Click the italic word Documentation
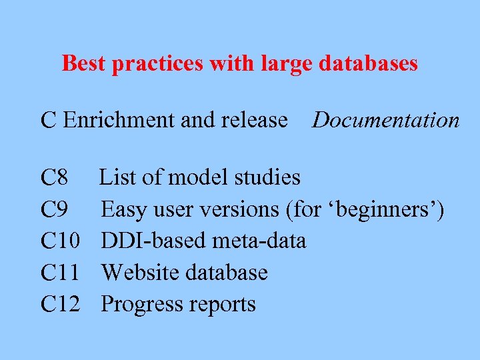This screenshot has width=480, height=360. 386,120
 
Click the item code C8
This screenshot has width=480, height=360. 54,178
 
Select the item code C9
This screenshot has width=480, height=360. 54,210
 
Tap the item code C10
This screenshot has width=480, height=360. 61,241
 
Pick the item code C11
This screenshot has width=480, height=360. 60,273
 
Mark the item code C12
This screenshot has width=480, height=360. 61,304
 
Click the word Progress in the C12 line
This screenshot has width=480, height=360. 140,305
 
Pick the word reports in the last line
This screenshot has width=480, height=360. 222,305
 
